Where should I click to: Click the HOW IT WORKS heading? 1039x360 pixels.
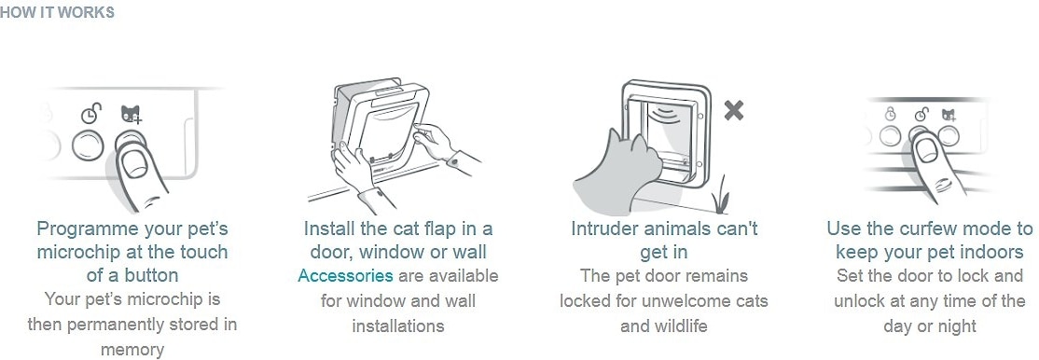[57, 13]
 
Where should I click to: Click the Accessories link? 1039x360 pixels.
[345, 276]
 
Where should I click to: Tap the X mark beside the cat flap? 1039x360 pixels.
[733, 110]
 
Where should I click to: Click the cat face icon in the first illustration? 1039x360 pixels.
[132, 114]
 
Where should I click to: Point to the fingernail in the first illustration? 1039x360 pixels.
[135, 163]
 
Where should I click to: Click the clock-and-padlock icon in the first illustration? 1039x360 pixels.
[91, 114]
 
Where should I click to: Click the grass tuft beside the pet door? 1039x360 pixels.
[720, 196]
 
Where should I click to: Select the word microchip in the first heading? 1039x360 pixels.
[76, 253]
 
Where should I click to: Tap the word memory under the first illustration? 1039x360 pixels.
[132, 350]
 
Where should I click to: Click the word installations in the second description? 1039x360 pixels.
[397, 326]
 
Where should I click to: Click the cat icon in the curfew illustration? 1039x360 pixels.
[949, 115]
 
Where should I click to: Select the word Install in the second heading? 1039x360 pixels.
[326, 229]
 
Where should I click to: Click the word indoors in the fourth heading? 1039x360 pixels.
[992, 253]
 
